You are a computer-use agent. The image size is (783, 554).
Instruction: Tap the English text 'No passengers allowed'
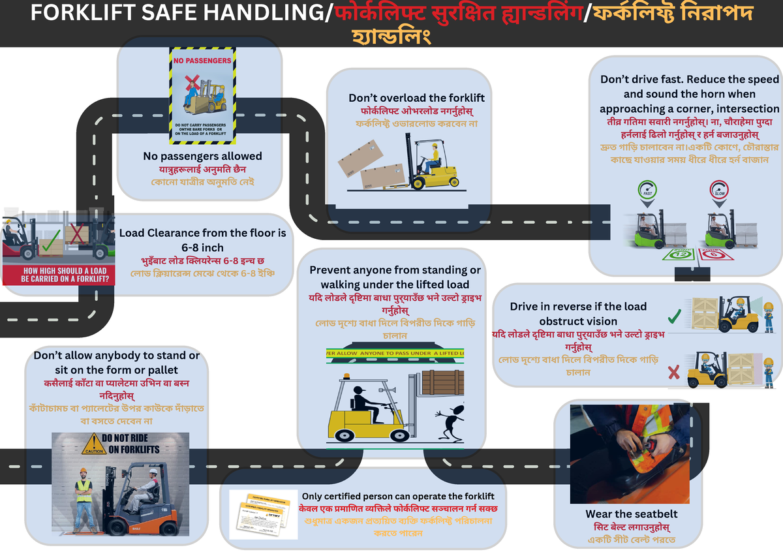point(202,157)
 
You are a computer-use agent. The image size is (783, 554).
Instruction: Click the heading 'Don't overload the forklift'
point(416,98)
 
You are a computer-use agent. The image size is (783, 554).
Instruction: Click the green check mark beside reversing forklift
point(675,318)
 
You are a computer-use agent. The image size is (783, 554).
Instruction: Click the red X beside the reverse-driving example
point(675,373)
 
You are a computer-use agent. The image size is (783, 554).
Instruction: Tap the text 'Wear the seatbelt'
point(627,514)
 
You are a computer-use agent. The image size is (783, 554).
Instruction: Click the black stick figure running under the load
point(451,425)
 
